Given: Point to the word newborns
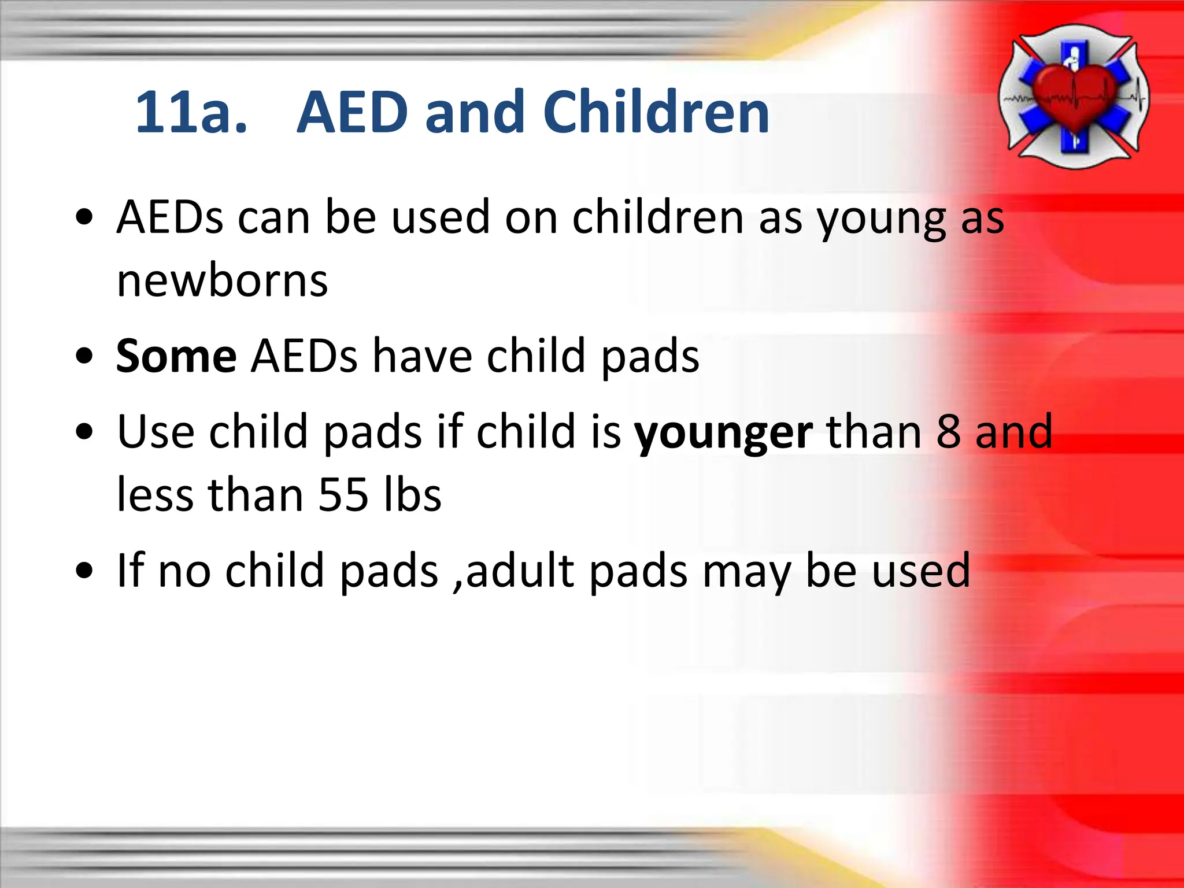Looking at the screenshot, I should [222, 282].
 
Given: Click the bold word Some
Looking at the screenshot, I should [176, 356].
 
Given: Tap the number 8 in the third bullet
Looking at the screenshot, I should [949, 432].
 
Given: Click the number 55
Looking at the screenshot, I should [343, 495].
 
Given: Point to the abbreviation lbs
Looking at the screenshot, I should [413, 495].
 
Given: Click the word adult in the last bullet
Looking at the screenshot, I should [520, 571].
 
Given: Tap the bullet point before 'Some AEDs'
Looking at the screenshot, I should [84, 357].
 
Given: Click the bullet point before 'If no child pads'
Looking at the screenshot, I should [84, 571].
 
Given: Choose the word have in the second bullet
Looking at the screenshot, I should [422, 356].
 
